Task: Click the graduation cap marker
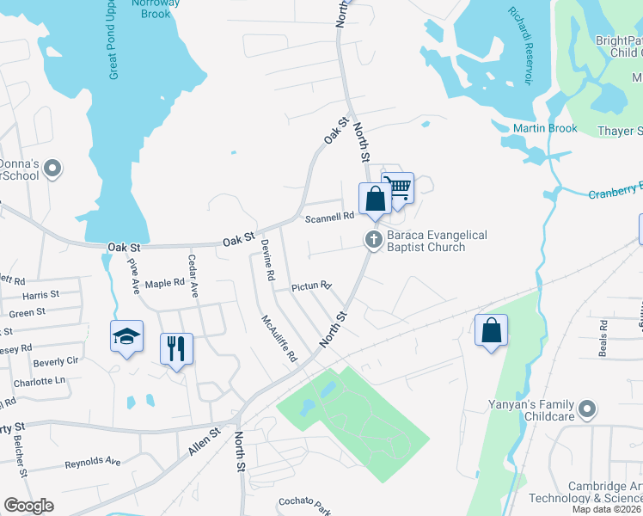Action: tap(126, 337)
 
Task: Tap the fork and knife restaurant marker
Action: tap(176, 349)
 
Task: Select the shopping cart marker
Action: tap(398, 187)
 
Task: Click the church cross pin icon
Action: tap(374, 240)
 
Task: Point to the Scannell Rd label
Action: tap(330, 218)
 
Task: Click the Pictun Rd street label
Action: tap(311, 286)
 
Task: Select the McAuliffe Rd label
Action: tap(279, 339)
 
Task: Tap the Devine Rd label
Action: tap(268, 261)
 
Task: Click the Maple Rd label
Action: tap(165, 283)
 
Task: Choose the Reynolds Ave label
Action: tap(92, 463)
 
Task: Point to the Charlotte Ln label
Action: tap(40, 381)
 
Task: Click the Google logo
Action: tap(28, 506)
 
